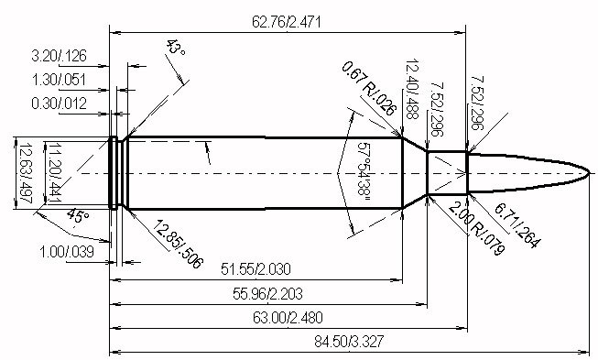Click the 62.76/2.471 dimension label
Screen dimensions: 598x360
(286, 22)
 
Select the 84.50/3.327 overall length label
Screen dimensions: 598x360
(349, 341)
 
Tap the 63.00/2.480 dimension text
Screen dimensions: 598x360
(288, 317)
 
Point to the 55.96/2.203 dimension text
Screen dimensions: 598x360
(267, 294)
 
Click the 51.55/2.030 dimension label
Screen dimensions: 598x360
(256, 269)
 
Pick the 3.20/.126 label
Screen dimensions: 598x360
(60, 56)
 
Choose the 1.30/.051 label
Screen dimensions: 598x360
(60, 80)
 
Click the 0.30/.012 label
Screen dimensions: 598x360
(60, 104)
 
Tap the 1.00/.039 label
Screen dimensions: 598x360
(67, 252)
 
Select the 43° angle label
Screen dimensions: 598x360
(176, 47)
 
